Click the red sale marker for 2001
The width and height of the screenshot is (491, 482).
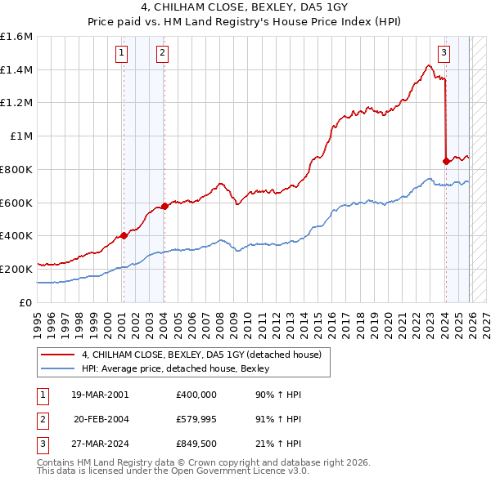point(124,235)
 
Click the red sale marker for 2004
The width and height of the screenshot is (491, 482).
point(164,206)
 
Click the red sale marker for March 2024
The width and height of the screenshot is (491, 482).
point(446,161)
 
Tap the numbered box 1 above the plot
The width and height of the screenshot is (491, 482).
point(122,54)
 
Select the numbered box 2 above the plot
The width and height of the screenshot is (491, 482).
point(163,54)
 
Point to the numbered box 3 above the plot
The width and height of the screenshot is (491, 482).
point(444,54)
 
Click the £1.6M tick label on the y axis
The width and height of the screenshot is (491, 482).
point(16,37)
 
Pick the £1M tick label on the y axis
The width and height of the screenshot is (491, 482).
point(21,136)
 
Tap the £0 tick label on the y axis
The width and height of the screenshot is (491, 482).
point(26,302)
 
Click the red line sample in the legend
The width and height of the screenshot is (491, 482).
point(57,355)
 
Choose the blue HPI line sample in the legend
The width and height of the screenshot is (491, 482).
point(57,368)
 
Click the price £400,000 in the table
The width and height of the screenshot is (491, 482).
point(196,394)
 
